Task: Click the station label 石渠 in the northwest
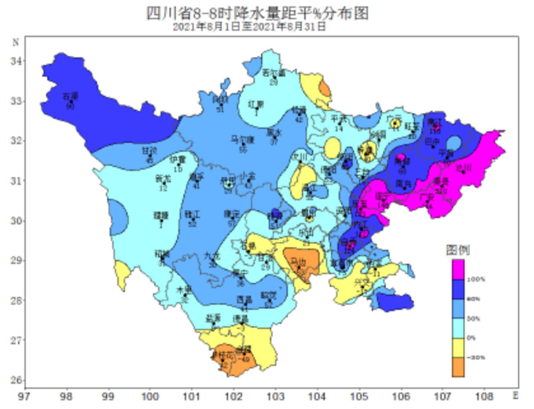[x=71, y=95]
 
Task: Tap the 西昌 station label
[x=244, y=298]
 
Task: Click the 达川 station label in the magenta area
[x=464, y=168]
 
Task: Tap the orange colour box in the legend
[x=458, y=366]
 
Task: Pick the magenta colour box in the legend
[x=458, y=269]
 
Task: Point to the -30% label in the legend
[x=476, y=357]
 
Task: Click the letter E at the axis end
[x=515, y=392]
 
